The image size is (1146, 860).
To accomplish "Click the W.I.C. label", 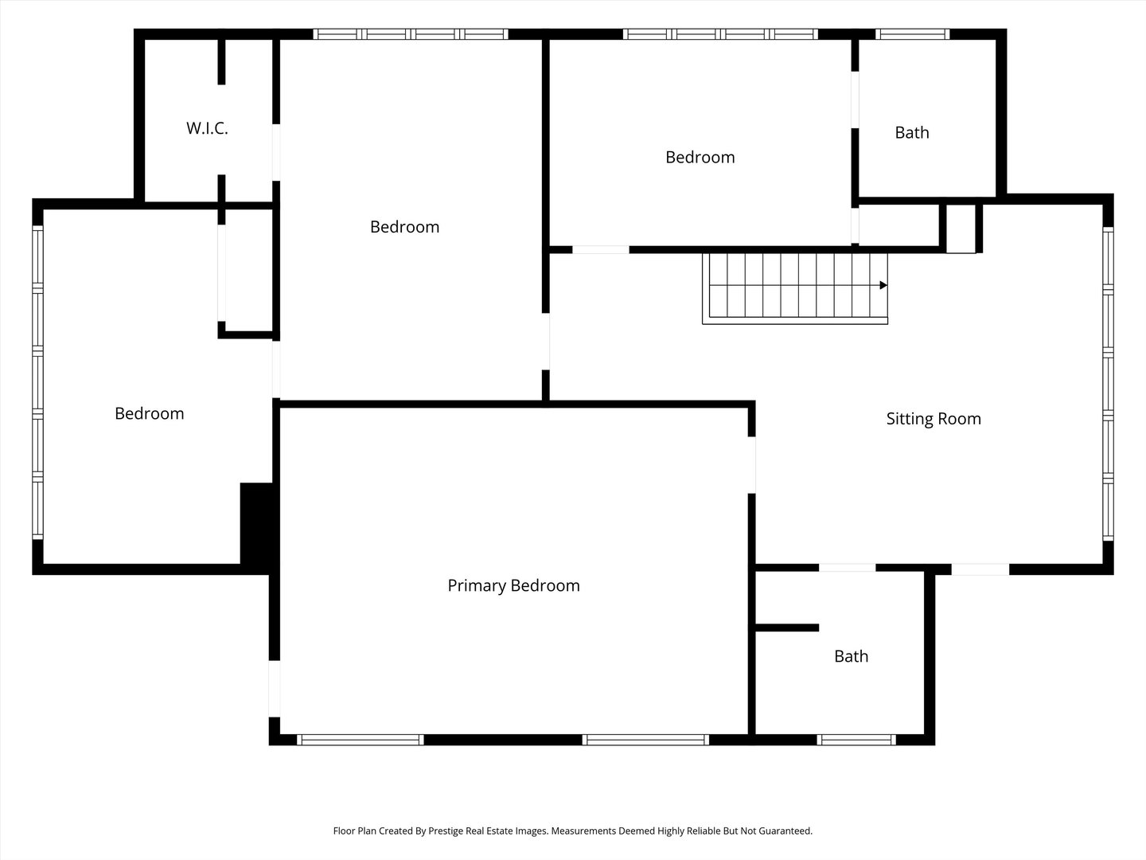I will (x=207, y=128).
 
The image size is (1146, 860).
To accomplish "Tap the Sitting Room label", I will (x=934, y=419).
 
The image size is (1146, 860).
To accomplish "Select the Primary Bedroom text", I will (x=513, y=586).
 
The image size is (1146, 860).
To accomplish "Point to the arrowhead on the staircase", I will (x=883, y=285).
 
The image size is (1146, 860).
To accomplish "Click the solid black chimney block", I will (x=256, y=523).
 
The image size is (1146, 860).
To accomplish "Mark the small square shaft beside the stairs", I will (x=961, y=229).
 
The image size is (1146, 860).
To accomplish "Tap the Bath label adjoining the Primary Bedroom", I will (x=851, y=656).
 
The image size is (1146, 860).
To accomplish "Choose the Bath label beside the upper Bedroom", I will (x=911, y=132).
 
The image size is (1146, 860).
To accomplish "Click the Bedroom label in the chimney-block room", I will (x=149, y=413).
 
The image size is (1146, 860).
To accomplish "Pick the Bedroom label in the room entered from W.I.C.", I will (x=404, y=227).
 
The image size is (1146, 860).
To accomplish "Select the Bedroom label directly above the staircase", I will (x=700, y=158).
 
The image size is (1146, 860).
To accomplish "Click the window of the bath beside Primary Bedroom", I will (x=856, y=740).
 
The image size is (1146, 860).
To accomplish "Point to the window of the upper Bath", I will (x=912, y=34).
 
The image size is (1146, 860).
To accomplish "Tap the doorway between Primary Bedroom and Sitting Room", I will (x=751, y=465).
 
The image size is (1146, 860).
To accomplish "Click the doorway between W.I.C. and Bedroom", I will (x=276, y=152).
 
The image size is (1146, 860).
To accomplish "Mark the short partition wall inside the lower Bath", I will (x=786, y=627).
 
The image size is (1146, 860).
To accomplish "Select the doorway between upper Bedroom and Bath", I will (x=855, y=100).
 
